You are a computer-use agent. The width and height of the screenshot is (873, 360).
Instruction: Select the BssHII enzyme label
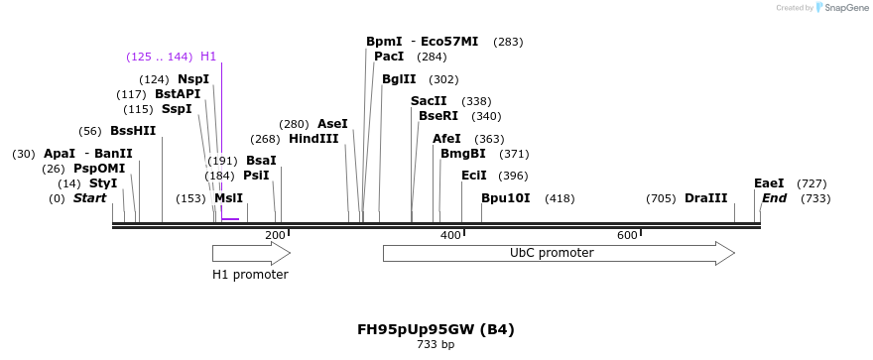(x=133, y=131)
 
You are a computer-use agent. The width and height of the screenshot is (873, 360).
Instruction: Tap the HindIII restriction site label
(x=313, y=139)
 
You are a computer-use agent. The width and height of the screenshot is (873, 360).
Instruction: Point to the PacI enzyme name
(x=389, y=57)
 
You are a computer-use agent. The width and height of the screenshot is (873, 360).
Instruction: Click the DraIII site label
(x=705, y=198)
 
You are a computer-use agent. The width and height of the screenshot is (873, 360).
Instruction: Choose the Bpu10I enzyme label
(x=506, y=198)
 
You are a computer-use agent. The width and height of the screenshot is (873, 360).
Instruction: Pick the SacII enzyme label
(x=429, y=101)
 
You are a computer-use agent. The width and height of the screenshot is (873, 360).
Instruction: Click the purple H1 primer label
(x=208, y=57)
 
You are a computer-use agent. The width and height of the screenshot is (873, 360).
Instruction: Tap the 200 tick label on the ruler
(x=275, y=235)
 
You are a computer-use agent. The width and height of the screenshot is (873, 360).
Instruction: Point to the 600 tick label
(x=627, y=235)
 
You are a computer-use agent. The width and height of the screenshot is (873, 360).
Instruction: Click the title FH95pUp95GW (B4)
(x=436, y=329)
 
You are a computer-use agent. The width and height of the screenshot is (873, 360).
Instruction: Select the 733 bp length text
(x=436, y=345)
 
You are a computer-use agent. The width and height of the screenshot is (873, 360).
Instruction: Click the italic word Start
(x=89, y=198)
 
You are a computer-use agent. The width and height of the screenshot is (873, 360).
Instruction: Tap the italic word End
(x=774, y=198)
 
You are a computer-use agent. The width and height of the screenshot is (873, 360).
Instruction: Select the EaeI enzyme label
(x=769, y=183)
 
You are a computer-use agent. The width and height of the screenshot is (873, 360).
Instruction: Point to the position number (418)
(x=560, y=198)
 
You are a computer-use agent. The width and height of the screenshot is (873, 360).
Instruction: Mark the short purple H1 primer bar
(x=230, y=218)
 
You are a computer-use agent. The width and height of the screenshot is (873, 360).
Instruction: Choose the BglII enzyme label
(x=399, y=79)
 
